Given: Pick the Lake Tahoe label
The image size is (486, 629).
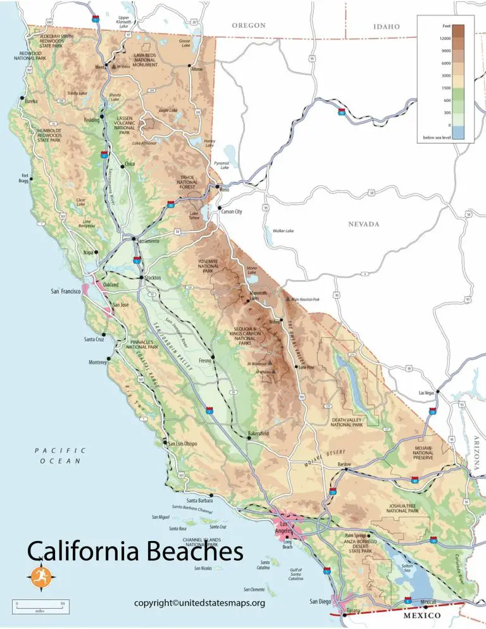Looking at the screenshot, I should (x=195, y=216).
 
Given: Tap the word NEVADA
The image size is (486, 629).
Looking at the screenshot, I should (x=364, y=224).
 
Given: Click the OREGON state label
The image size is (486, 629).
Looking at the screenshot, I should (x=249, y=26).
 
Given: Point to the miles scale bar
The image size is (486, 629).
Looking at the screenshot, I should (x=39, y=607).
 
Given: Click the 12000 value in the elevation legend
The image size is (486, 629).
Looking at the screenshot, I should (x=445, y=39).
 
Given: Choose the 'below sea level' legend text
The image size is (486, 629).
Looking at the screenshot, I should (x=437, y=137).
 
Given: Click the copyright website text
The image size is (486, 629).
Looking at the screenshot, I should (x=199, y=603).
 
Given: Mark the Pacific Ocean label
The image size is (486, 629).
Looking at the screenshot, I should (x=60, y=455).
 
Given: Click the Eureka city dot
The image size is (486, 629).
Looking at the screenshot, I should (x=22, y=98).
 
